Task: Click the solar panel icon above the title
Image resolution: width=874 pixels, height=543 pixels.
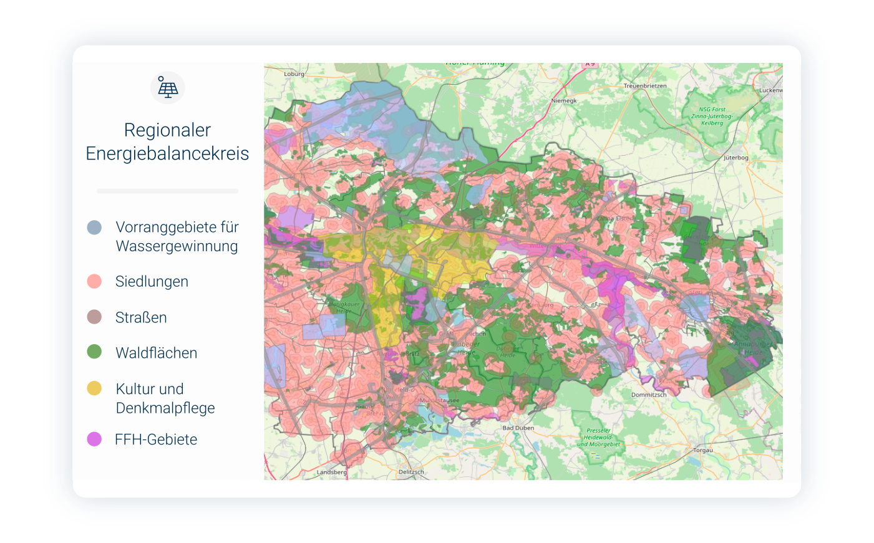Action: pos(167,88)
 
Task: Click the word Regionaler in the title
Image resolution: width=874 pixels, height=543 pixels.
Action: pos(167,130)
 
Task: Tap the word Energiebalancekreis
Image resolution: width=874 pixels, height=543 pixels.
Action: pos(167,153)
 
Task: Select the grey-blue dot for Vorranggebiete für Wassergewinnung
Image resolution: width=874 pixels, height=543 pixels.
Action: pos(94,228)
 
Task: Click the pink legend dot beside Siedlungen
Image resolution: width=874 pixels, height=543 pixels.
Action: pos(94,281)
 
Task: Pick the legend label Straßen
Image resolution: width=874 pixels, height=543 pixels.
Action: pos(141,317)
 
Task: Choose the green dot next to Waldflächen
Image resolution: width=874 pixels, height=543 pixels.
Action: pos(94,352)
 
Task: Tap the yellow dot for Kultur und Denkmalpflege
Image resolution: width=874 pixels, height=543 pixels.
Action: pos(94,388)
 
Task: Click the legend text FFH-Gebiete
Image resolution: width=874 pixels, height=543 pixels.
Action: pos(156,440)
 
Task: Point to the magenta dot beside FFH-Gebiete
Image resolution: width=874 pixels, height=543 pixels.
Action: pos(94,440)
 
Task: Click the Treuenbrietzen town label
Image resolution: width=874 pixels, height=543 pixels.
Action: pos(645,86)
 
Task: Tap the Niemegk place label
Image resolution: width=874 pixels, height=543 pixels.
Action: pos(564,100)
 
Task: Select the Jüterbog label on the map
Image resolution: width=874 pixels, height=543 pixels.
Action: pos(736,158)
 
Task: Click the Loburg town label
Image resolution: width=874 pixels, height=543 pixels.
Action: pos(294,74)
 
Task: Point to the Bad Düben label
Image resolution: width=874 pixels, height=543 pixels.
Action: pos(518,428)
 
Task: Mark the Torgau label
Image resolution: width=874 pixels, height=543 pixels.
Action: pos(703,450)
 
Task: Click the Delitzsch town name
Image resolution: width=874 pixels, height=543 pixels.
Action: pos(411,472)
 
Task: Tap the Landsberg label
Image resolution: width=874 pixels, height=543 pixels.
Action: pos(331,472)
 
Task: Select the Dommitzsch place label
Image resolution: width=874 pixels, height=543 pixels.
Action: pos(649,395)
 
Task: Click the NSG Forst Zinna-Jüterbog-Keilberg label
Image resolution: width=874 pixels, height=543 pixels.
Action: pos(712,116)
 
